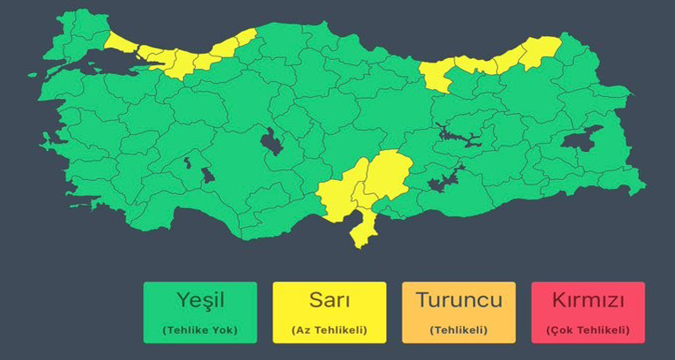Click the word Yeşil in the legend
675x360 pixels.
coord(200,300)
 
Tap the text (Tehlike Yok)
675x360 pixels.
coord(200,330)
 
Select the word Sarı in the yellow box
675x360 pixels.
coord(329,300)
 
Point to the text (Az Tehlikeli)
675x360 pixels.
coord(329,330)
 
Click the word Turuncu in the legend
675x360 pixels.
coord(458,300)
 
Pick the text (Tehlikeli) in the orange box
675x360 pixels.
coord(458,330)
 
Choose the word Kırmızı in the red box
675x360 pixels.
coord(588,300)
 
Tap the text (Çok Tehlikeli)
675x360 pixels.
coord(588,330)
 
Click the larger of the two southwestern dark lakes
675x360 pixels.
coord(208,176)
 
